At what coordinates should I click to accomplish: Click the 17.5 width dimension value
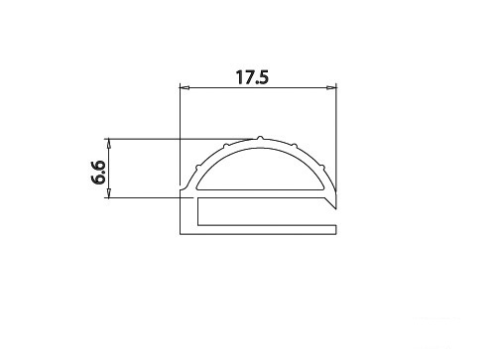[252, 77]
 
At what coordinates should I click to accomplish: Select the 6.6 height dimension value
[98, 172]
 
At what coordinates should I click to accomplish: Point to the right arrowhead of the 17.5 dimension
[331, 88]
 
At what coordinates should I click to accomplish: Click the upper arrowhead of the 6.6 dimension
[109, 144]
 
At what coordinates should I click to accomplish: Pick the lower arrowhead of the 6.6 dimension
[109, 193]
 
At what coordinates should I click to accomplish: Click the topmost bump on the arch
[260, 137]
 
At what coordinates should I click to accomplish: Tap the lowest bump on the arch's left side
[197, 167]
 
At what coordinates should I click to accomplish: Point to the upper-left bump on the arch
[226, 145]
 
